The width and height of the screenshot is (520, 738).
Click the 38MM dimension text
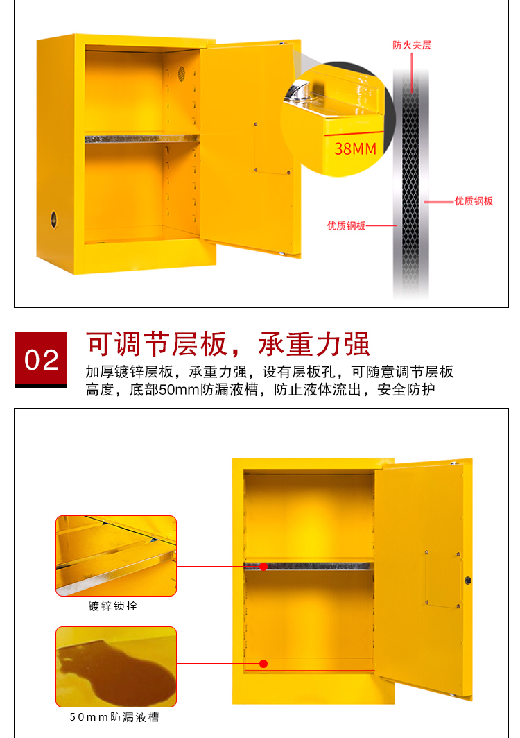point(355,148)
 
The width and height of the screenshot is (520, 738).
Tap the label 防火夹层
point(412,45)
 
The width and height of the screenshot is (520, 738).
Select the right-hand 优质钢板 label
point(474,201)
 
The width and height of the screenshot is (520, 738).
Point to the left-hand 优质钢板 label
point(346,226)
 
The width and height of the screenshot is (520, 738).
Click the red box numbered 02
point(40,359)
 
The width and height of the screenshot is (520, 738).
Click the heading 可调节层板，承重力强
point(228,344)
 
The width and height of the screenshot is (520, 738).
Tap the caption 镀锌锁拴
point(113,606)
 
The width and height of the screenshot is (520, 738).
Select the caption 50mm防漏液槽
point(114,716)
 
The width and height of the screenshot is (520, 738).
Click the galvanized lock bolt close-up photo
point(116,556)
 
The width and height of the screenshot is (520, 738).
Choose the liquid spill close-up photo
point(116,667)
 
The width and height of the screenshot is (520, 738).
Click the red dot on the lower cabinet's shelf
point(263,567)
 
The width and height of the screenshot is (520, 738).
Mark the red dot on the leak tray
point(263,664)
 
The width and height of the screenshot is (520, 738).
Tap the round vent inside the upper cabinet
point(181,74)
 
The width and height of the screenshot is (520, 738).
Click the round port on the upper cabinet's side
point(53,219)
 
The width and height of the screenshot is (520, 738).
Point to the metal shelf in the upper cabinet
point(142,139)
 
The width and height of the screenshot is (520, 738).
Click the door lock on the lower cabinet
point(468,581)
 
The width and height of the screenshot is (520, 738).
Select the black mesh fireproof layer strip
point(410,184)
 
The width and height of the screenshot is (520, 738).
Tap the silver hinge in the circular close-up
point(297,91)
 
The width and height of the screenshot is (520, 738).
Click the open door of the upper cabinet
point(250,148)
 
